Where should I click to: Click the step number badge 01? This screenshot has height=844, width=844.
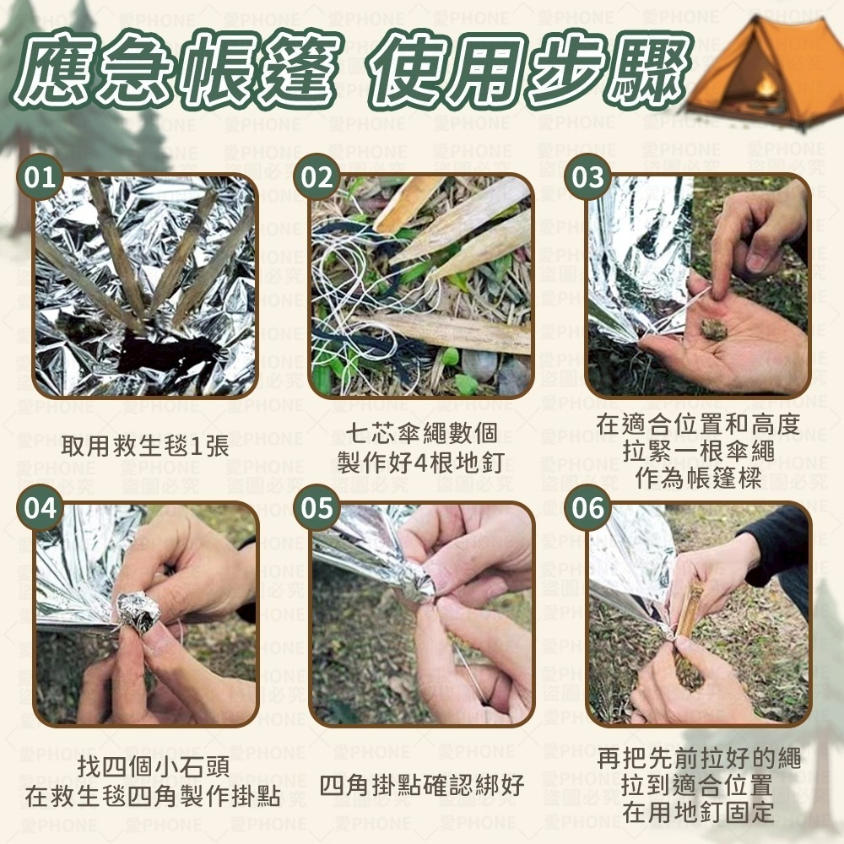coord(41,177)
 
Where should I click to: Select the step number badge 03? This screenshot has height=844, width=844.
coord(588,177)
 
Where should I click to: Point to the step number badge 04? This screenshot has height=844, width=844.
coord(41,508)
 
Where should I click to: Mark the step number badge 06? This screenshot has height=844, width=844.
coord(588,508)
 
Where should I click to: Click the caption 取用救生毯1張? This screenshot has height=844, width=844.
coord(144,446)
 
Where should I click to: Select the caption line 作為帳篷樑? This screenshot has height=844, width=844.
coord(698,478)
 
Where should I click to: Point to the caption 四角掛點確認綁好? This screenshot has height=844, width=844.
coord(422,787)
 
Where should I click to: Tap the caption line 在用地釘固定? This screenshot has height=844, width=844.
coord(698,813)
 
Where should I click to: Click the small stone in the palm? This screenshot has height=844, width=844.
coord(713,328)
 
